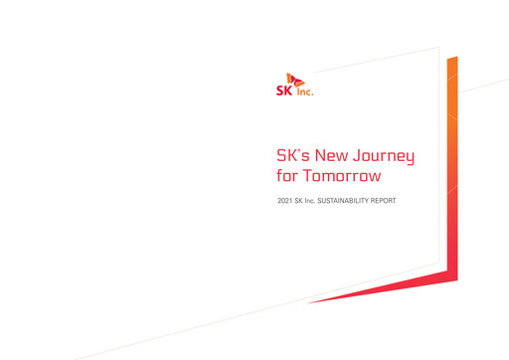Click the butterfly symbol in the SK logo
[x=293, y=79]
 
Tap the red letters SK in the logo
[x=283, y=89]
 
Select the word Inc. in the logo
[x=303, y=90]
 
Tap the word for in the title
[x=287, y=177]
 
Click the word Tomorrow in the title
[x=342, y=177]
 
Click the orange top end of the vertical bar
[x=452, y=62]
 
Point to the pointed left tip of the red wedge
[x=309, y=302]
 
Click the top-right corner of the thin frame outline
[x=438, y=47]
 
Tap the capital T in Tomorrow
[x=307, y=177]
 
